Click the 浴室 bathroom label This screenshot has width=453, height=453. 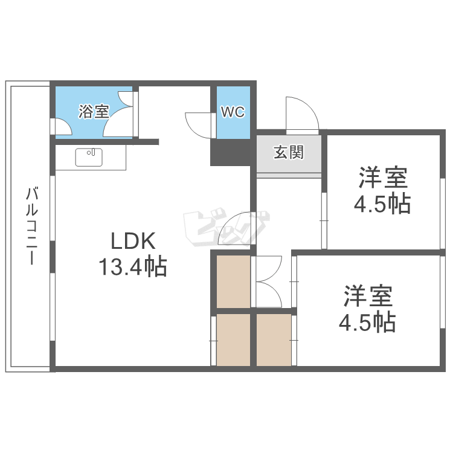pyautogui.click(x=94, y=112)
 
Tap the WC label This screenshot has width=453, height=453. pyautogui.click(x=232, y=112)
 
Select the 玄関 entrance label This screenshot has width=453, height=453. pyautogui.click(x=288, y=152)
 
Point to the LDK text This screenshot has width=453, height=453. pyautogui.click(x=133, y=242)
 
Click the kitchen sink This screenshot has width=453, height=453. pyautogui.click(x=89, y=156)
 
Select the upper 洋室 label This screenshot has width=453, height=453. pyautogui.click(x=382, y=179)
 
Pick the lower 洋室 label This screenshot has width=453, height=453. pyautogui.click(x=368, y=297)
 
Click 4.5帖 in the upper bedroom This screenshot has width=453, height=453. pyautogui.click(x=382, y=204)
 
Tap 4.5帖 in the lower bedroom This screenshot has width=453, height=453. pyautogui.click(x=367, y=322)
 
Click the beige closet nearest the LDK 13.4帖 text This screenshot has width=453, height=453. pyautogui.click(x=233, y=281)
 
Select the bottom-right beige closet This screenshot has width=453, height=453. pyautogui.click(x=274, y=339)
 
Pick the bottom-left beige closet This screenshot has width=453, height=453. pyautogui.click(x=233, y=339)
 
